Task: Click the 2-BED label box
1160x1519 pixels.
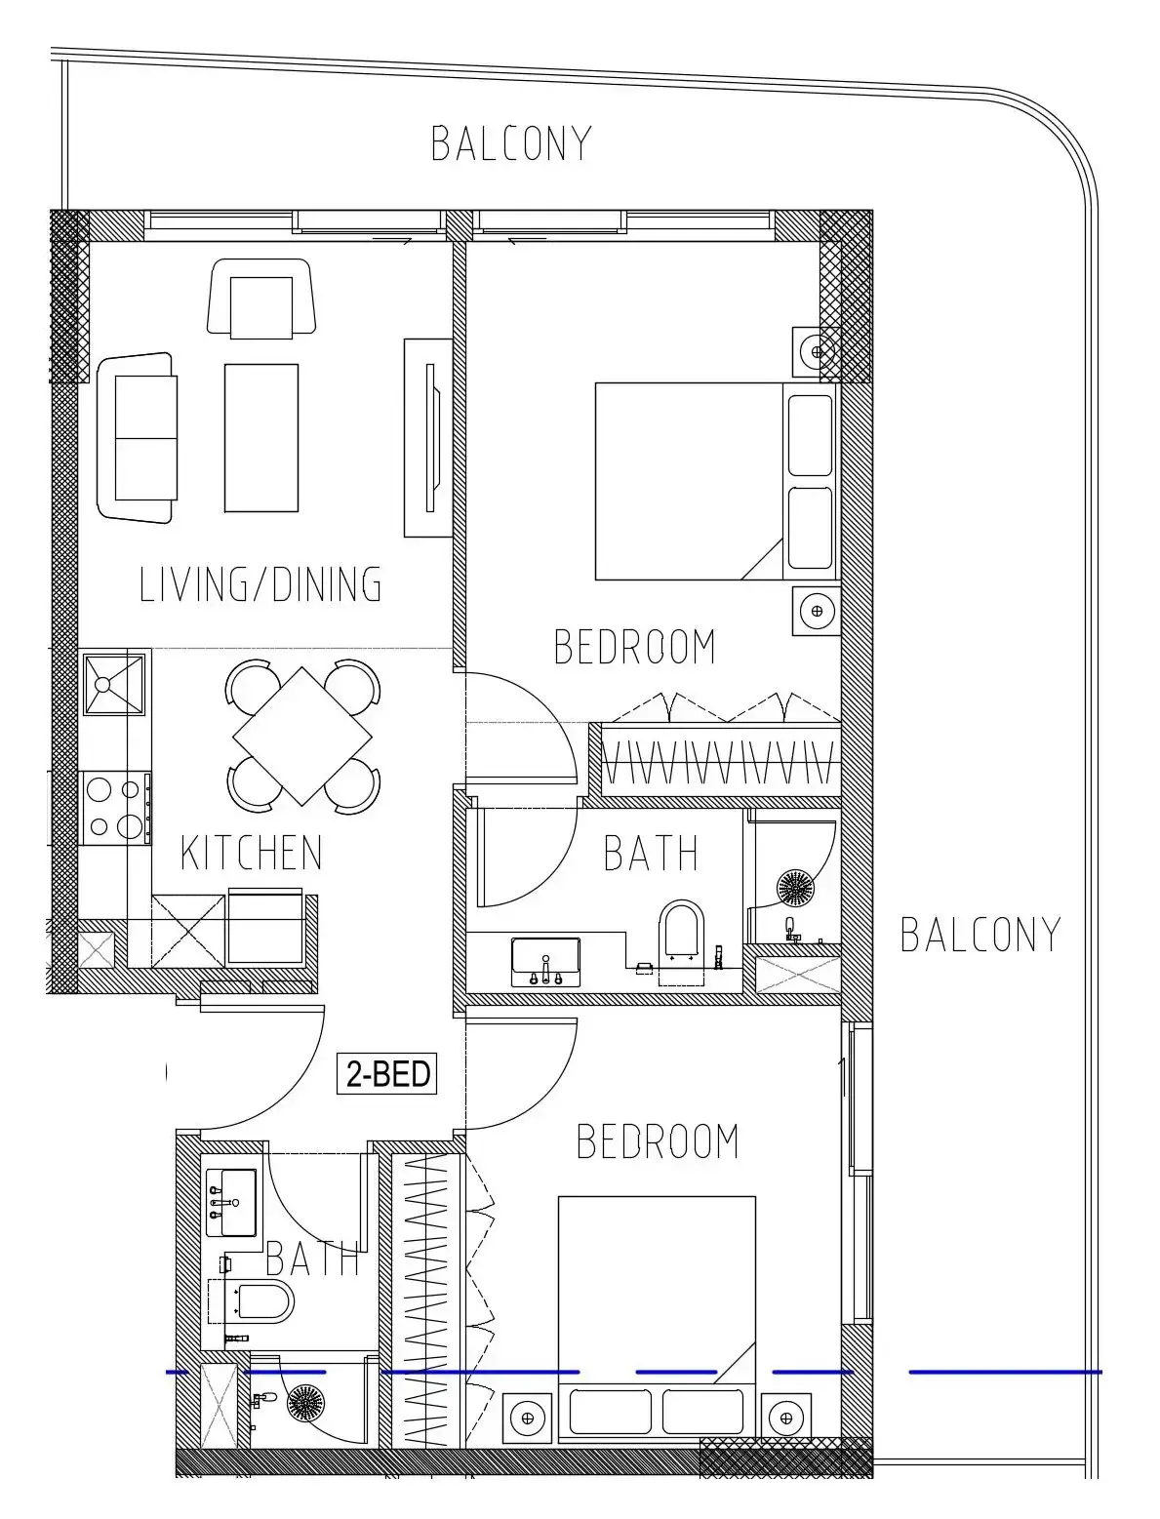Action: [x=386, y=1073]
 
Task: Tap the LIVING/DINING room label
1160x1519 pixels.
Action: [x=260, y=584]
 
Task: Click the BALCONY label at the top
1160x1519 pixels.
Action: [x=511, y=143]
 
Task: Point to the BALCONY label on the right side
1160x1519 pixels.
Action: [x=980, y=935]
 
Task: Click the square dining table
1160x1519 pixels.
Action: [x=302, y=736]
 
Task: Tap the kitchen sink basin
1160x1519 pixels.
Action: [x=113, y=685]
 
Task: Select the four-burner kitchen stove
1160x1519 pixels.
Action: [x=115, y=809]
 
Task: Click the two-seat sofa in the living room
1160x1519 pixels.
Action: [x=137, y=437]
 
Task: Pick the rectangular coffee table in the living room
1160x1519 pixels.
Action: [x=261, y=438]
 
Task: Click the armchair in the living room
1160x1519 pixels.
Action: [x=261, y=299]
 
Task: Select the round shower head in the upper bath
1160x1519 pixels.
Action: [x=795, y=887]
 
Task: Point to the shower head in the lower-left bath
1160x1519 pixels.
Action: [x=305, y=1403]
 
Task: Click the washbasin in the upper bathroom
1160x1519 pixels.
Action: [x=545, y=961]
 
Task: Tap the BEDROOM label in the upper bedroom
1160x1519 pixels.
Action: [x=635, y=647]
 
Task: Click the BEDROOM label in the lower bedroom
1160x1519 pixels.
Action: [x=658, y=1141]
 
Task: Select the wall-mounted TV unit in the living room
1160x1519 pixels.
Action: [x=429, y=438]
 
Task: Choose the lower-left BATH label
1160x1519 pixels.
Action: [x=312, y=1259]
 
